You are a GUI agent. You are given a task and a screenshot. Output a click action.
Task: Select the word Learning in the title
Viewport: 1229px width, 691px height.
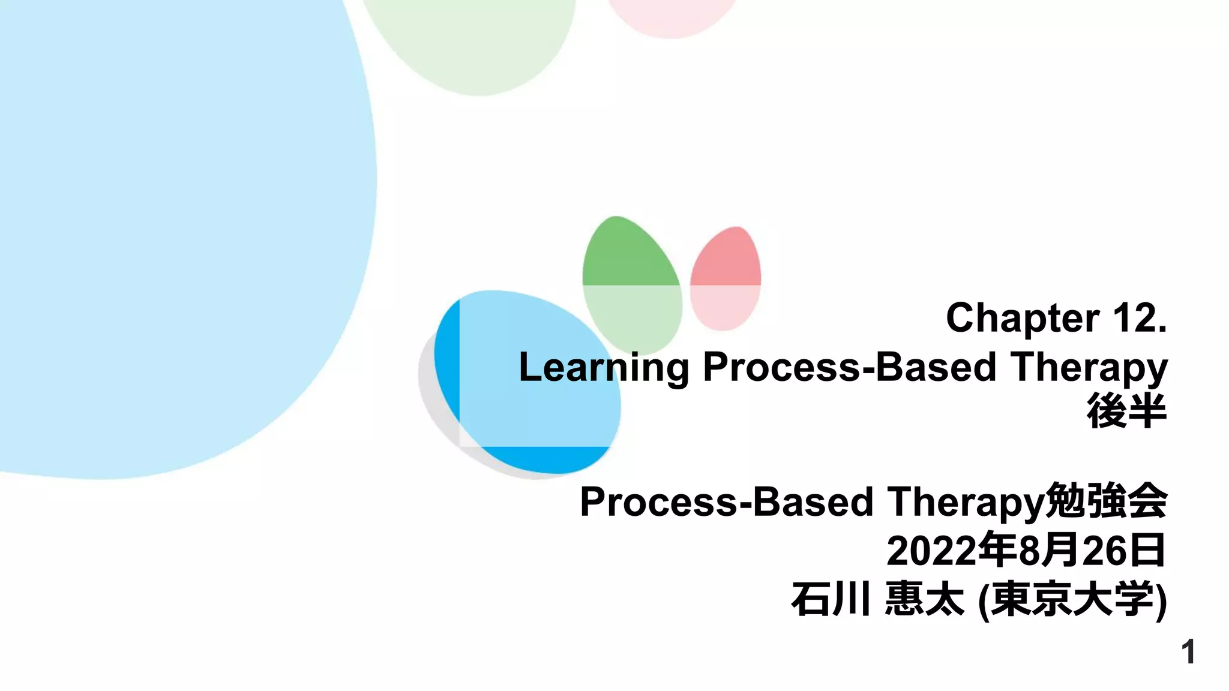point(604,367)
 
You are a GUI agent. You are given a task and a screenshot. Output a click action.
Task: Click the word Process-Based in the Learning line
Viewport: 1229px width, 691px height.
point(849,367)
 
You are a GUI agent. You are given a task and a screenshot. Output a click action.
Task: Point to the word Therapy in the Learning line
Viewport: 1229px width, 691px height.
point(1089,367)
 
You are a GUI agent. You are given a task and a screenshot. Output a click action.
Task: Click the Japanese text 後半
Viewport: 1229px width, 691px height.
point(1126,411)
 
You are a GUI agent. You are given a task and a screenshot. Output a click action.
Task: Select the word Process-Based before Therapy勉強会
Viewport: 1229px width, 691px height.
point(726,501)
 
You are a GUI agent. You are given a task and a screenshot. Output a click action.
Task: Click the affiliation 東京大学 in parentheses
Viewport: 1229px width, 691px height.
point(1072,599)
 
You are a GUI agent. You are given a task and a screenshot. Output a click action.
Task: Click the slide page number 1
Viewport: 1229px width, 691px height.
point(1188,652)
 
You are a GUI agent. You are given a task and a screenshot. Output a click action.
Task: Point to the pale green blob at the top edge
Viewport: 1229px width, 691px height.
point(474,42)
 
